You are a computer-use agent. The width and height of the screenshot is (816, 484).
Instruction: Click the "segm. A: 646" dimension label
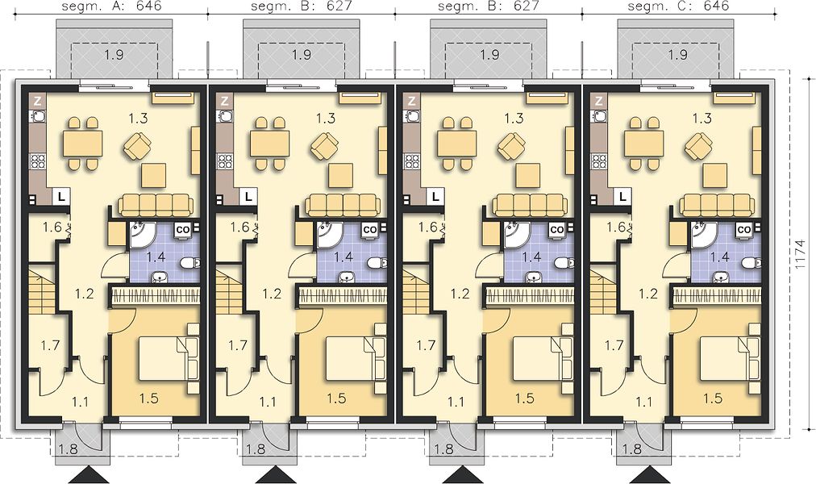tap(111, 6)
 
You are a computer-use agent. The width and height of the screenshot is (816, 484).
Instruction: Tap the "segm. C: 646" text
tap(679, 6)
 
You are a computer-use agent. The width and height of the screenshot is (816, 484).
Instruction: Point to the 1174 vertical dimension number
tap(803, 253)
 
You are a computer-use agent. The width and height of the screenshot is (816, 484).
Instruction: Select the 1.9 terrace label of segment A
tap(114, 54)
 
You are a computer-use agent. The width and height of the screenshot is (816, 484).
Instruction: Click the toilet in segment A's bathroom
tap(189, 264)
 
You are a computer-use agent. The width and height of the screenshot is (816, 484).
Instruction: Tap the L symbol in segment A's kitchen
tap(62, 197)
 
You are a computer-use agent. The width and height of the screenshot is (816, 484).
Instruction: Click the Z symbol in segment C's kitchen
tap(599, 101)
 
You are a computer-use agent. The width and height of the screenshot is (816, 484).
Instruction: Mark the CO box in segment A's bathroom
tap(182, 229)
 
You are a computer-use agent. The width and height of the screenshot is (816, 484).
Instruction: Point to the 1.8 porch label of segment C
tap(631, 448)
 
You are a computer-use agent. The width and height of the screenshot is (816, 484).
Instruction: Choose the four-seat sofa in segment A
tap(156, 205)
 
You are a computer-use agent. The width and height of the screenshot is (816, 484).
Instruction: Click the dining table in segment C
tap(644, 144)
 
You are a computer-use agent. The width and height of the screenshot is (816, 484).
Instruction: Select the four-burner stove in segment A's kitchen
tap(37, 161)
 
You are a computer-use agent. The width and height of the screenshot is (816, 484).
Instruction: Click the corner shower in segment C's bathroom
tap(703, 235)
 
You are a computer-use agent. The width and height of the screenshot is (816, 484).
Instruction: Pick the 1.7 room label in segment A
tap(51, 344)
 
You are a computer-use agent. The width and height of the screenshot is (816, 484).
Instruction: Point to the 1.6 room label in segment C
tap(616, 227)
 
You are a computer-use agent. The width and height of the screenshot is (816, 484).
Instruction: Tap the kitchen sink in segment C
tap(600, 117)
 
